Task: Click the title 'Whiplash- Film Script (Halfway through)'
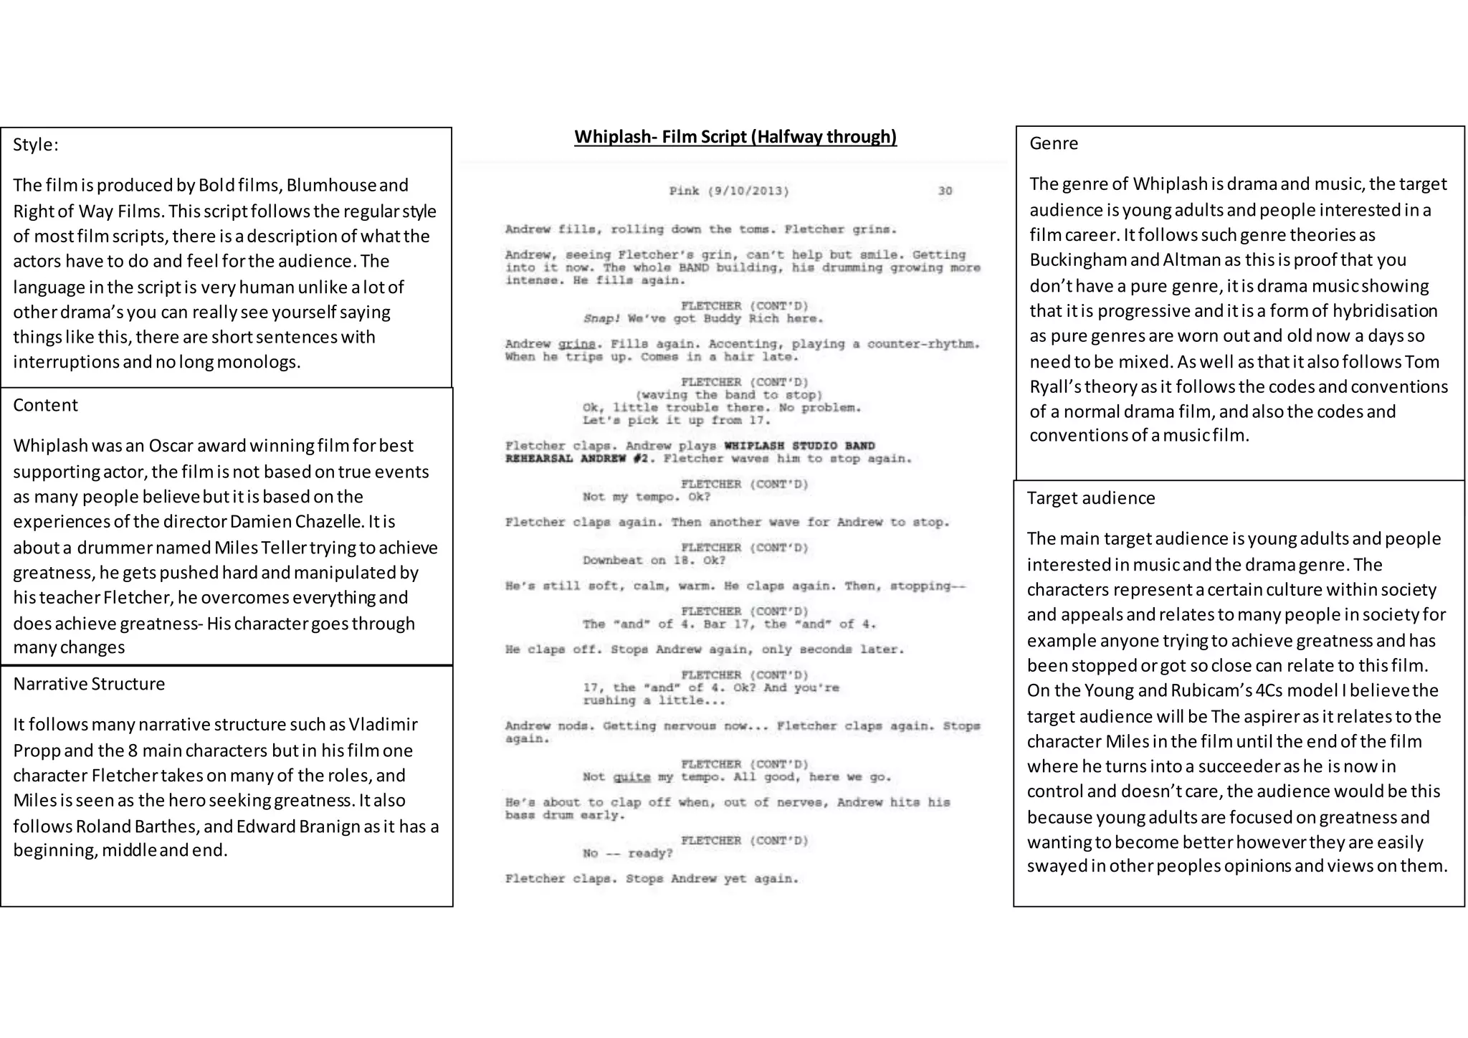click(735, 137)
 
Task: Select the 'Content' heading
click(45, 405)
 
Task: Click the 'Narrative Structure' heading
click(89, 684)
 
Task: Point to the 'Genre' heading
click(1054, 143)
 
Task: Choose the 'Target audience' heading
click(1091, 498)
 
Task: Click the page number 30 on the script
click(945, 191)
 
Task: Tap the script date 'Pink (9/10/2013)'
click(729, 191)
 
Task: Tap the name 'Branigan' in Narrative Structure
click(325, 827)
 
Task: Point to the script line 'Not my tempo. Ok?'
click(646, 497)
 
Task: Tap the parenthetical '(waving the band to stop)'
click(729, 395)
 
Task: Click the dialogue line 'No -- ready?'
click(628, 853)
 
